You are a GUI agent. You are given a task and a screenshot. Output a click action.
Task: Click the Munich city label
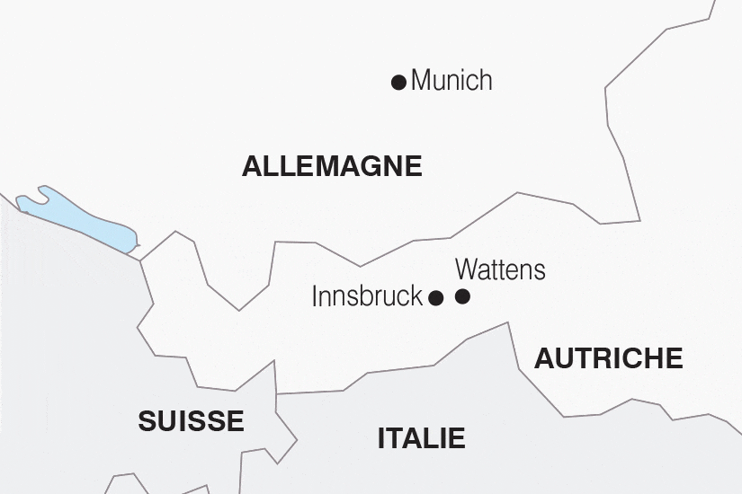tap(451, 81)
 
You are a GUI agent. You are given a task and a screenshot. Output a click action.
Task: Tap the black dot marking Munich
tap(398, 83)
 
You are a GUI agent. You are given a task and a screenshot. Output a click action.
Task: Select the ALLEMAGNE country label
tap(332, 166)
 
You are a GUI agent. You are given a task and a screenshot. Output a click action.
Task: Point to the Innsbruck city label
tap(367, 296)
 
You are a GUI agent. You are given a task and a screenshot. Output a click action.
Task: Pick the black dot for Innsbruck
tap(435, 298)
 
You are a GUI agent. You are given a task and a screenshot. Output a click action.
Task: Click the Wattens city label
tap(500, 269)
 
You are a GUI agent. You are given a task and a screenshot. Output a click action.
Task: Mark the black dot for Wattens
tap(462, 297)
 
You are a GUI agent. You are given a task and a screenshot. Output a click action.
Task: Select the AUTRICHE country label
tap(609, 358)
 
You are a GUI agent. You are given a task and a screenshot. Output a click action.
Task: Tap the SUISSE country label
tap(191, 420)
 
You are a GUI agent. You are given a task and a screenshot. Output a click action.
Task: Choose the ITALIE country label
tap(421, 438)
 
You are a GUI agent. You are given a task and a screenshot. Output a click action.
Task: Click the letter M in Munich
tap(421, 81)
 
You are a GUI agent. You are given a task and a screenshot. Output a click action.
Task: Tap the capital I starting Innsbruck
tap(315, 296)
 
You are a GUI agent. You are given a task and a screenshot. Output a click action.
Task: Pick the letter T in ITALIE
tap(398, 438)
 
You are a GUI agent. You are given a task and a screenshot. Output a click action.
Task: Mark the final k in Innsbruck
tap(416, 296)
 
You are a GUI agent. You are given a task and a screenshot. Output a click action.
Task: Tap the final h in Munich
tap(486, 81)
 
